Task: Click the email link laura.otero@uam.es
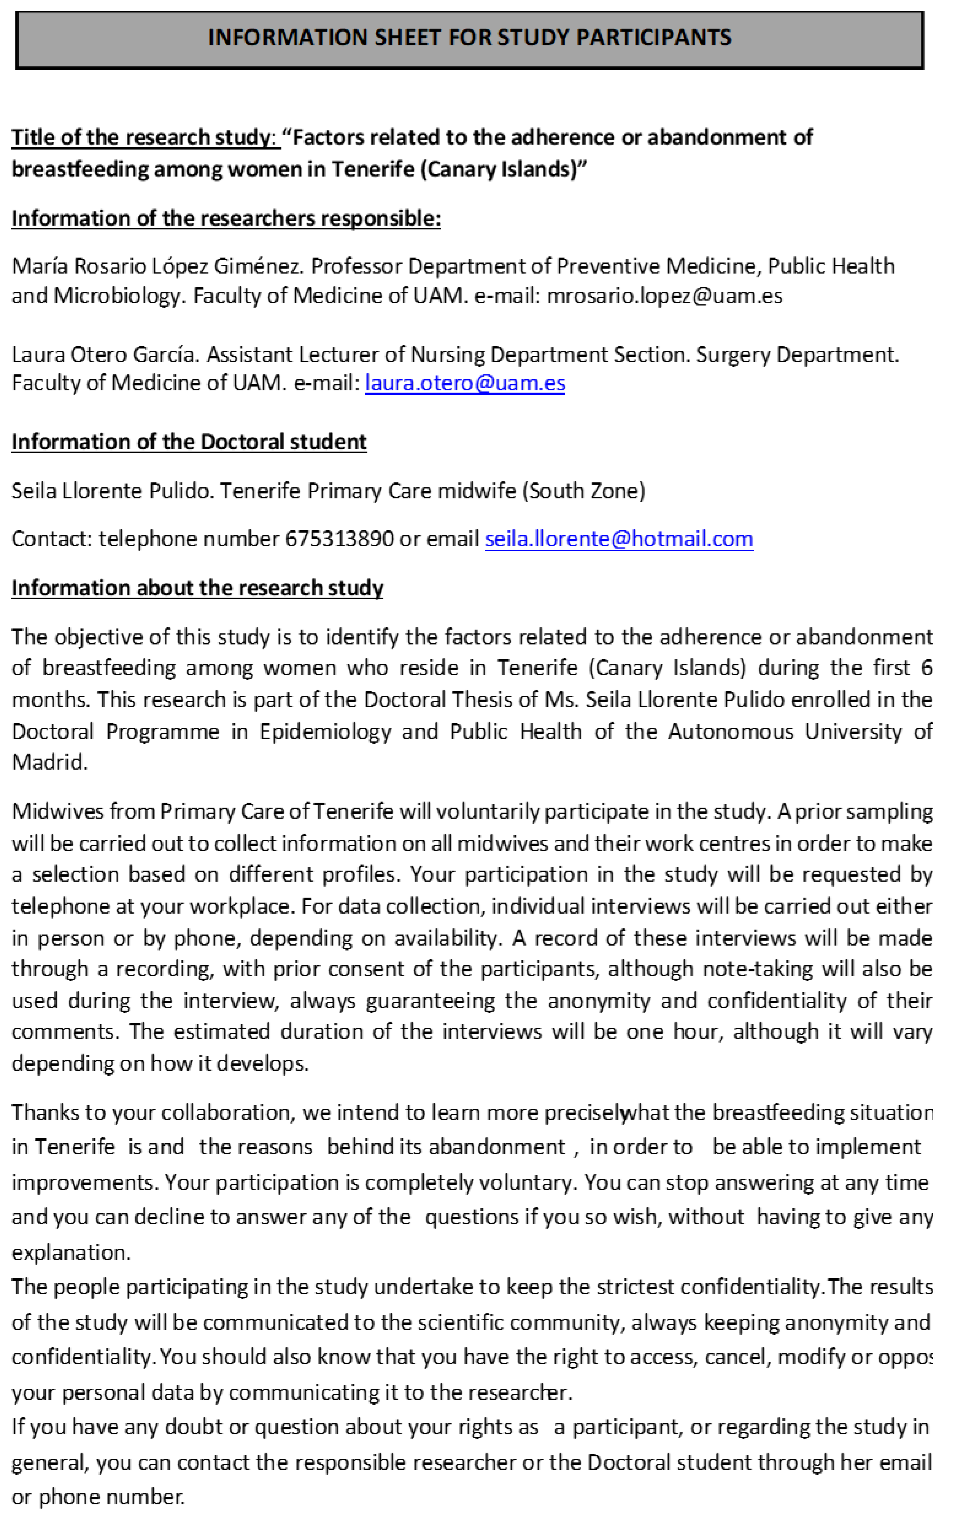pyautogui.click(x=465, y=383)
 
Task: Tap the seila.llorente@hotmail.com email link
pyautogui.click(x=619, y=539)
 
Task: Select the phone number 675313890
pyautogui.click(x=340, y=539)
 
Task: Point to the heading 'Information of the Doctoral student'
pyautogui.click(x=189, y=442)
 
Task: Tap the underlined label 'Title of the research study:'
pyautogui.click(x=145, y=137)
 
